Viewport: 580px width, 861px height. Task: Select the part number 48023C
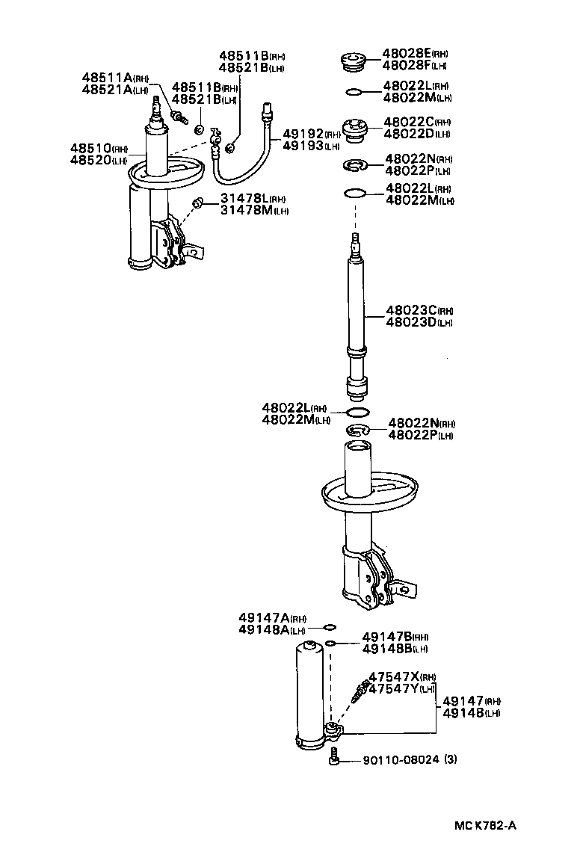(411, 310)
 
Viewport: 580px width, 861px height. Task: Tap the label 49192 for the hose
(303, 134)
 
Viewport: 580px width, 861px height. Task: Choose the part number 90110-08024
(401, 760)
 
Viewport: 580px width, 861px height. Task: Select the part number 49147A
(264, 618)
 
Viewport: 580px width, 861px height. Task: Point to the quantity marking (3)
(450, 760)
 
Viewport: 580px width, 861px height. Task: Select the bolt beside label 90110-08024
(334, 760)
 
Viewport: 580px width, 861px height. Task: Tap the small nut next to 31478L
(198, 203)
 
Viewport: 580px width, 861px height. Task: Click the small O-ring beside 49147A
(330, 626)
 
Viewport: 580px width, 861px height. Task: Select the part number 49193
(303, 146)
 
